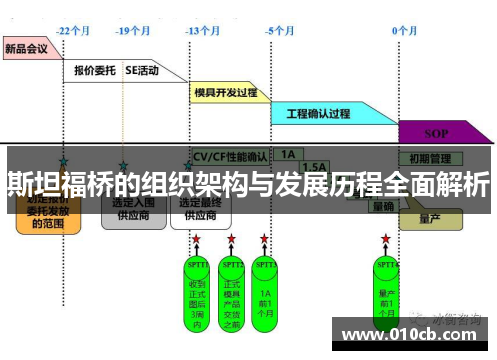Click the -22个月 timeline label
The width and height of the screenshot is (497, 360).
[x=74, y=31]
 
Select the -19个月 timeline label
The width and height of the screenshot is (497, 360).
[x=132, y=31]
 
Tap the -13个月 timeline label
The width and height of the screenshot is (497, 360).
[x=202, y=31]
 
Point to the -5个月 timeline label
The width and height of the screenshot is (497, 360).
[x=280, y=31]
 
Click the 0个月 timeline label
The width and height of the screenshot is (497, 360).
[x=404, y=31]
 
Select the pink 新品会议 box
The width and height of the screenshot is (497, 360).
[x=29, y=47]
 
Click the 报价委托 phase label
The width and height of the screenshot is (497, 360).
[x=94, y=71]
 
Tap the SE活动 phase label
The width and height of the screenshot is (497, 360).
[x=143, y=71]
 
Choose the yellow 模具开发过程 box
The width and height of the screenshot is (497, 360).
[x=225, y=92]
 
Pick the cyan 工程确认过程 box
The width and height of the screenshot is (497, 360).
[x=318, y=114]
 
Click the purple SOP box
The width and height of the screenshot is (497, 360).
[x=436, y=132]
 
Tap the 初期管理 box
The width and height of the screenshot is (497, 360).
[x=429, y=157]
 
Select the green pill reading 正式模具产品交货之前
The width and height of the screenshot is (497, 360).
[x=232, y=289]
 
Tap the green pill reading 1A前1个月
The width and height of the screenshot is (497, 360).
[x=265, y=289]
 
